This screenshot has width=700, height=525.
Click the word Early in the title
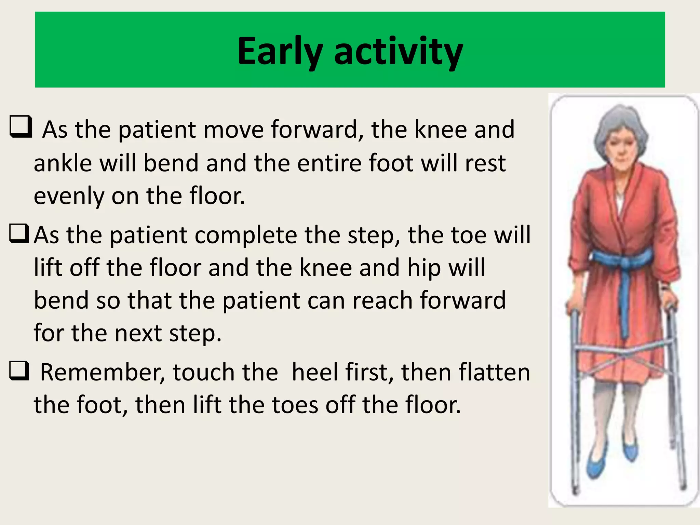point(280,51)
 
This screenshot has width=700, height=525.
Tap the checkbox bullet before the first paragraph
point(21,127)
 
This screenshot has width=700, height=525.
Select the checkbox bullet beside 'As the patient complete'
point(19,233)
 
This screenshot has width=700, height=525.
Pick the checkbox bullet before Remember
point(19,371)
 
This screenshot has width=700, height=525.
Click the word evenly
point(69,196)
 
